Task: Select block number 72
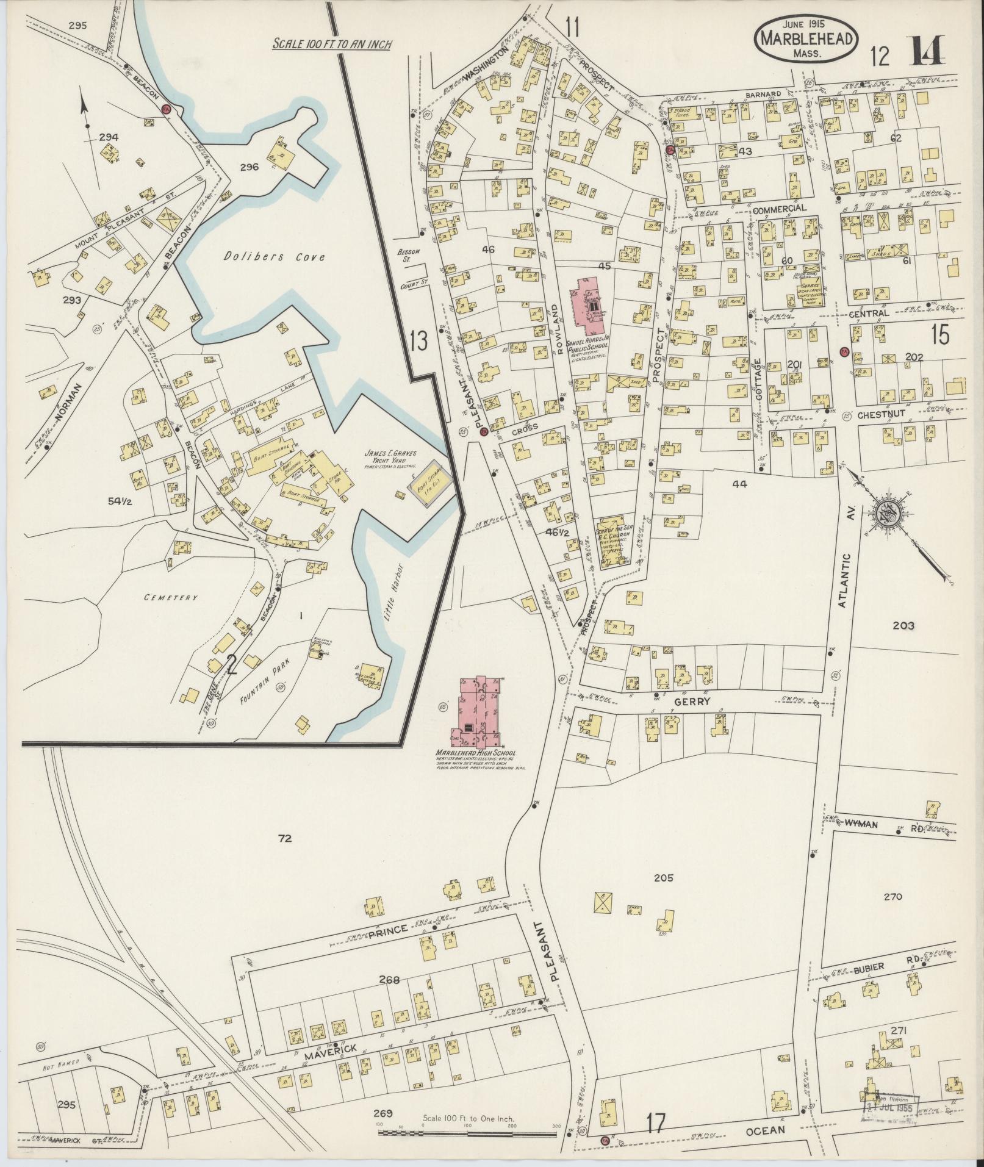pyautogui.click(x=284, y=839)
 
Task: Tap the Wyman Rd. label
pyautogui.click(x=877, y=825)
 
